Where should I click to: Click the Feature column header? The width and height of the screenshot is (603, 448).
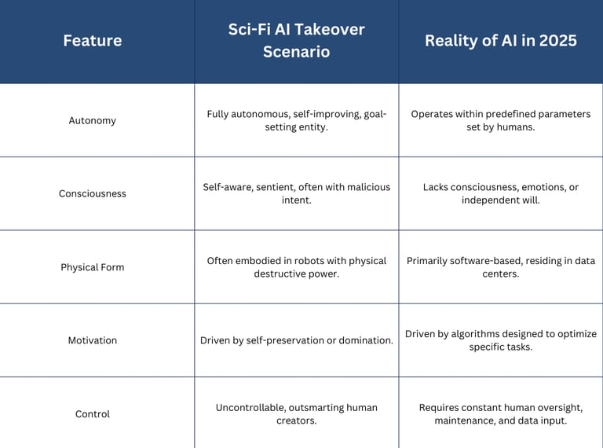point(93,41)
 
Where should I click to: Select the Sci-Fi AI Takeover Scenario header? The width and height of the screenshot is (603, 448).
point(297,41)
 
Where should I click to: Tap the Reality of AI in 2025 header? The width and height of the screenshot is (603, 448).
point(501,41)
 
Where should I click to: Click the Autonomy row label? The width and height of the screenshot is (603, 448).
point(93,120)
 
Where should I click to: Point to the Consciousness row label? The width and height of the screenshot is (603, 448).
point(93,193)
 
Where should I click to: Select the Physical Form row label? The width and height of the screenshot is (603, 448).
point(93,267)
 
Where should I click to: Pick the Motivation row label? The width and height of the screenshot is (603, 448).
point(93,340)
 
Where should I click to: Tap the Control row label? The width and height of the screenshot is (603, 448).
point(93,414)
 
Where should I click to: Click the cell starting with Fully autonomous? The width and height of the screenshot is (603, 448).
point(297,120)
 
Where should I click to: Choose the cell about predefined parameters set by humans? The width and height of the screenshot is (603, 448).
point(501,120)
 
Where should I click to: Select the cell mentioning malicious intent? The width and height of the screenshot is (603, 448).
point(297,193)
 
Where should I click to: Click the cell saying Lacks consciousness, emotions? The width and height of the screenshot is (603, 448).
point(501,193)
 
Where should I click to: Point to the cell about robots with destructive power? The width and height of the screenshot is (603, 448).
point(297,267)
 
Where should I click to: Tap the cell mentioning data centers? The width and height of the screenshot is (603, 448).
point(501,267)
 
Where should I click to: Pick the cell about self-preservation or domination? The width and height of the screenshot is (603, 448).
point(297,340)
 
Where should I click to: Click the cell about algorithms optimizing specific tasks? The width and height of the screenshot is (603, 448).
point(501,340)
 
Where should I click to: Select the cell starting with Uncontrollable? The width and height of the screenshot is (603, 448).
point(297,414)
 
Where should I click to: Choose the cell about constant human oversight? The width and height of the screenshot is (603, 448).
point(501,414)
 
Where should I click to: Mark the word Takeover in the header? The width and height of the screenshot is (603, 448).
point(331,30)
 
